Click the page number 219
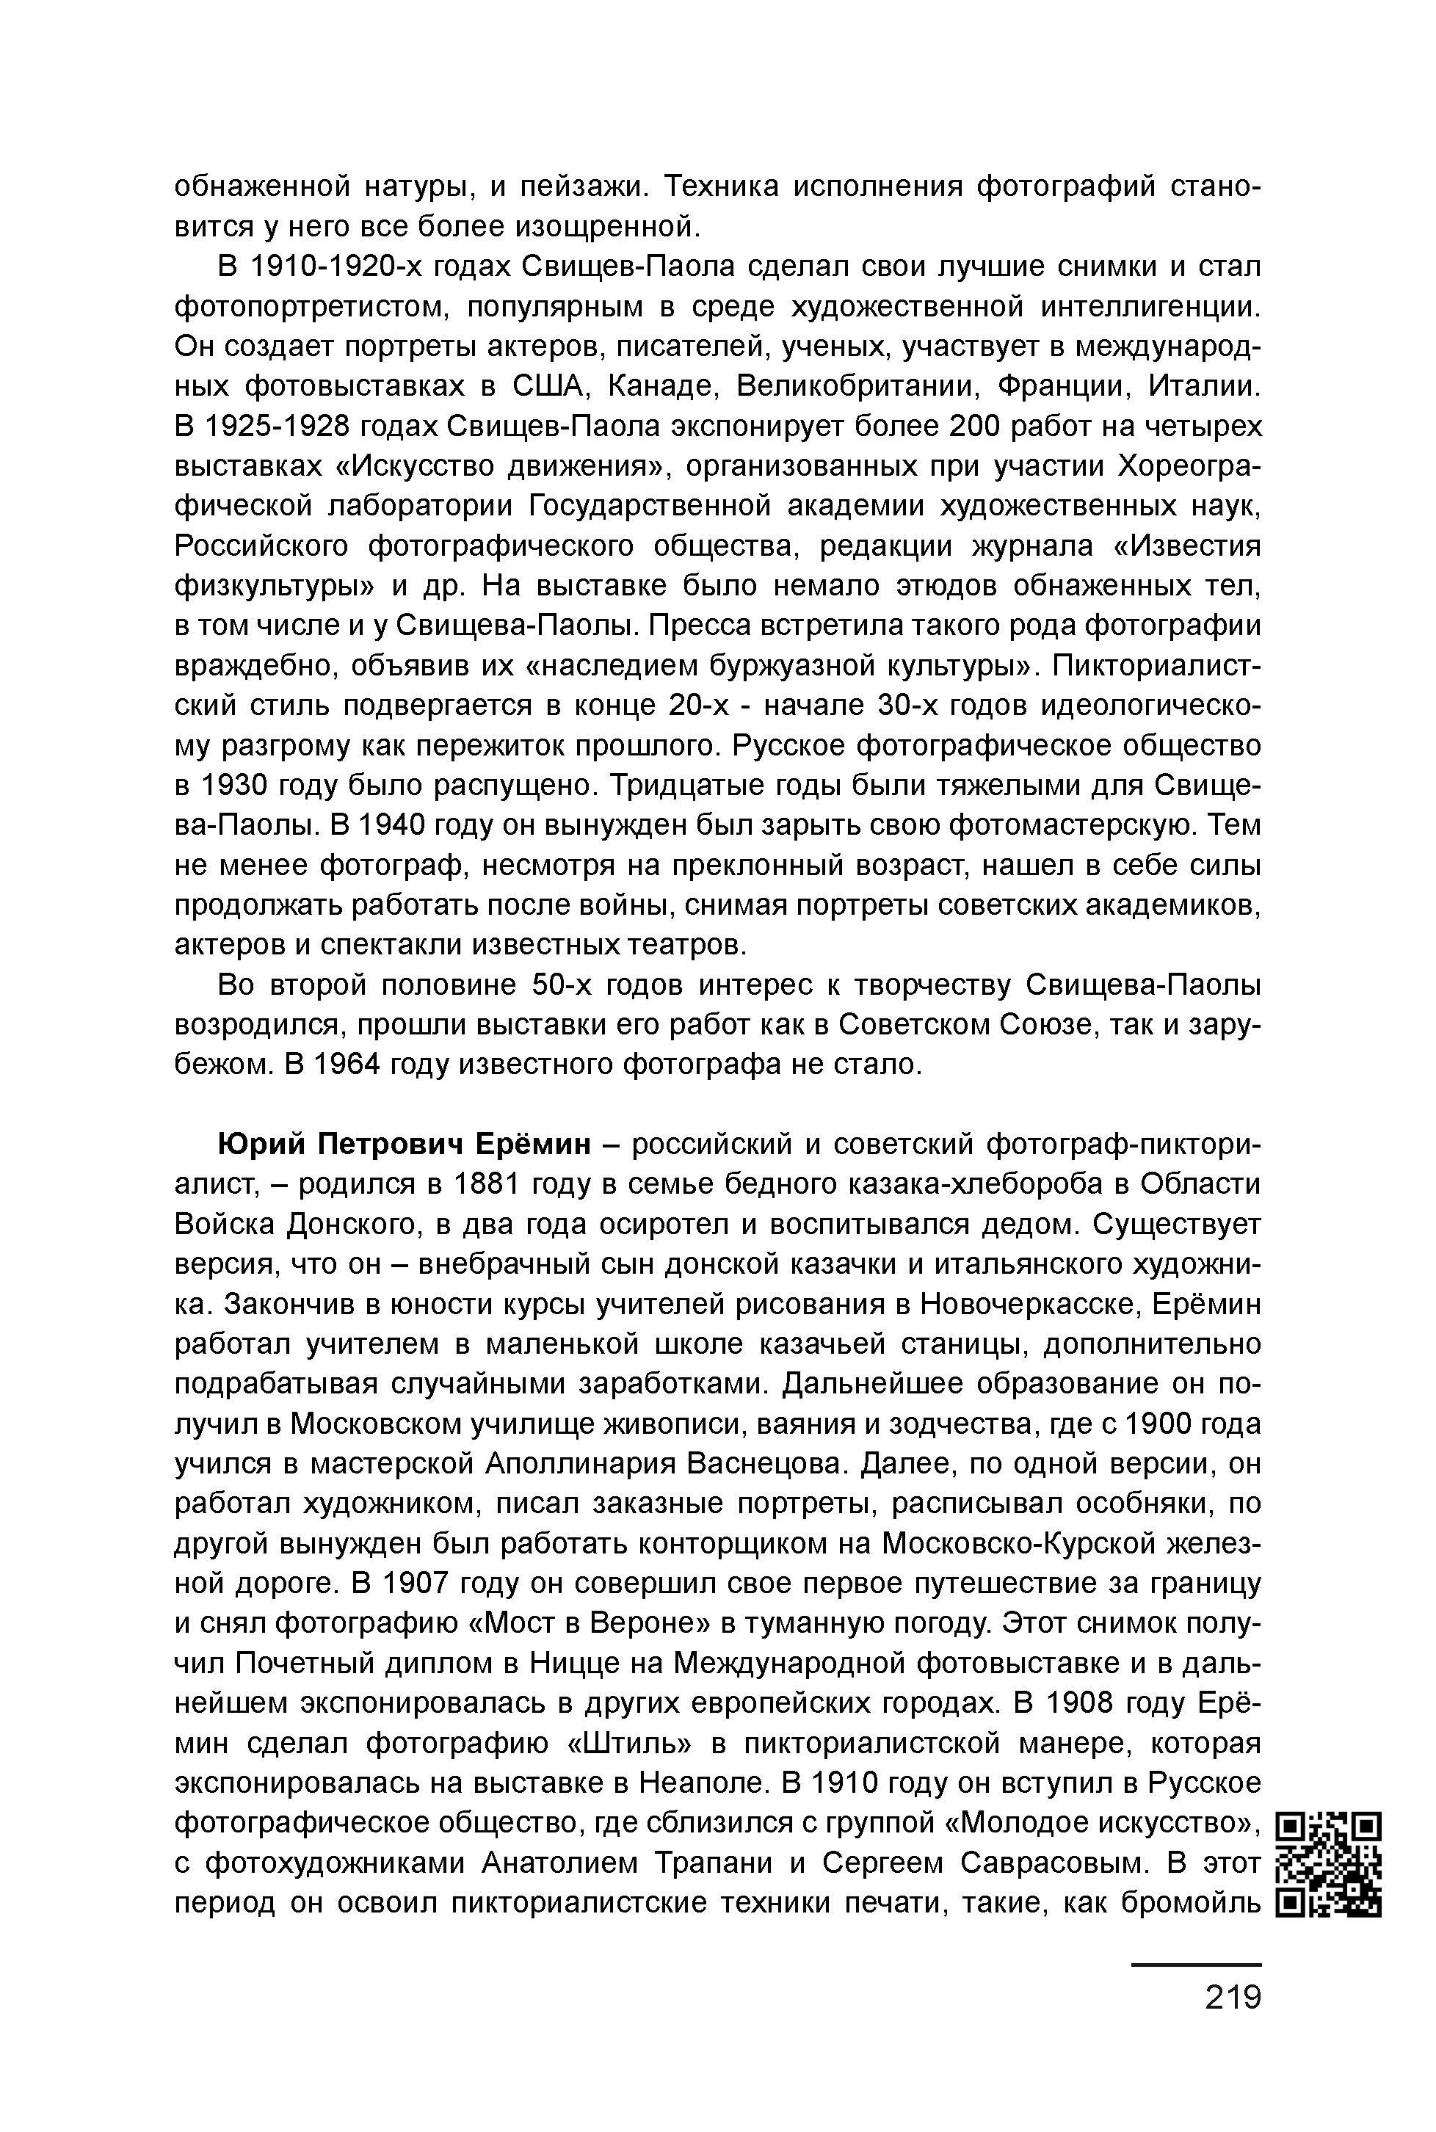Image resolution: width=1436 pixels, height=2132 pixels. click(x=1233, y=1998)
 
